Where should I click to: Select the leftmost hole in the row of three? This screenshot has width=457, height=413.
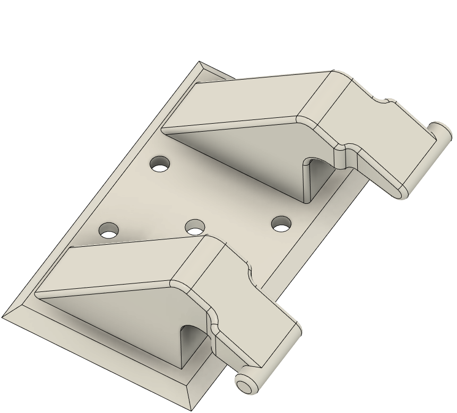[109, 230]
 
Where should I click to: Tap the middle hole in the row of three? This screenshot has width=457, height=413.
[195, 227]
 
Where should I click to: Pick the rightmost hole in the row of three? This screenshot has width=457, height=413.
[281, 223]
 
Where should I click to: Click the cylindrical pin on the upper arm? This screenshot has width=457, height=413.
[440, 133]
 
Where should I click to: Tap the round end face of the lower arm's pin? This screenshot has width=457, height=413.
[245, 385]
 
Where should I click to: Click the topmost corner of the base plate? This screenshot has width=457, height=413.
[200, 62]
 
